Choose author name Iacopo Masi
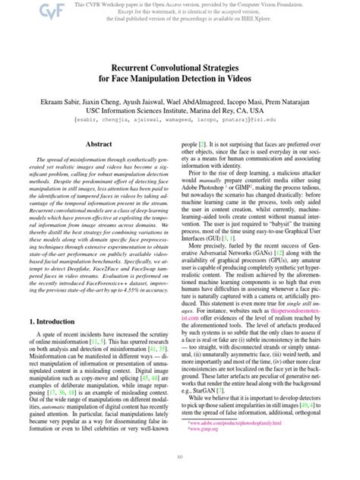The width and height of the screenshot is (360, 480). [x=238, y=100]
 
